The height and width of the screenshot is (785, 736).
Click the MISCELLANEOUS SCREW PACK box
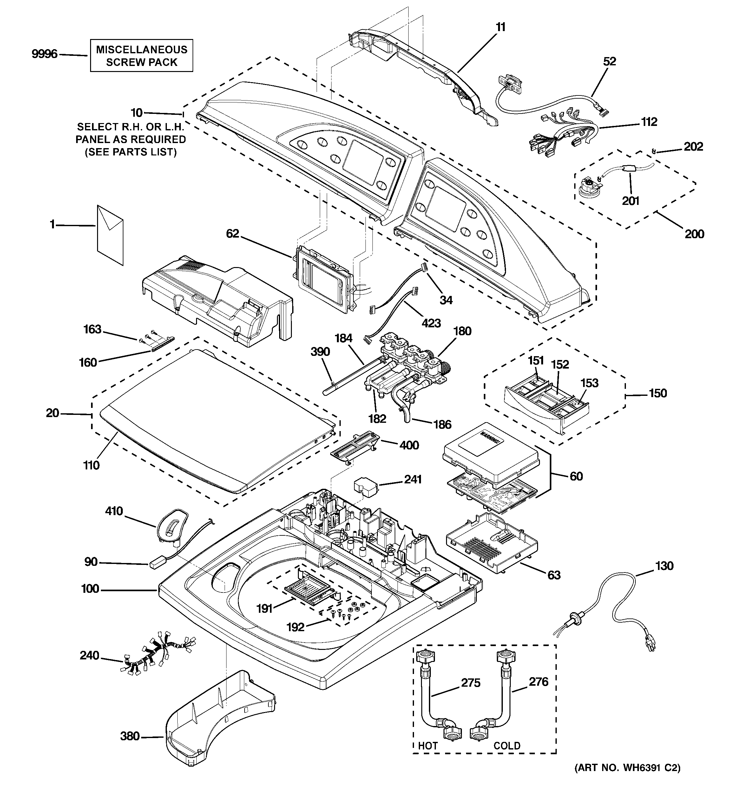141,56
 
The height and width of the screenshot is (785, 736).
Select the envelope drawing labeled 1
110,235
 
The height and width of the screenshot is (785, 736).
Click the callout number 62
233,234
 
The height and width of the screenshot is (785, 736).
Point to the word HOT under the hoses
428,746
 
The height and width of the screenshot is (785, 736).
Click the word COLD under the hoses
507,746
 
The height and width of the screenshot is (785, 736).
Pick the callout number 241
413,479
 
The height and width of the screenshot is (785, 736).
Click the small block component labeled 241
365,488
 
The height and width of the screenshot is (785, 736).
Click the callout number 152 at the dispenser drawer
560,364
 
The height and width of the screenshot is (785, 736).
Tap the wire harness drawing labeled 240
158,656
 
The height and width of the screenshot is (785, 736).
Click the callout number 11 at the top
501,27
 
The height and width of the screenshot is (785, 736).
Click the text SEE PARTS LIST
131,152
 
